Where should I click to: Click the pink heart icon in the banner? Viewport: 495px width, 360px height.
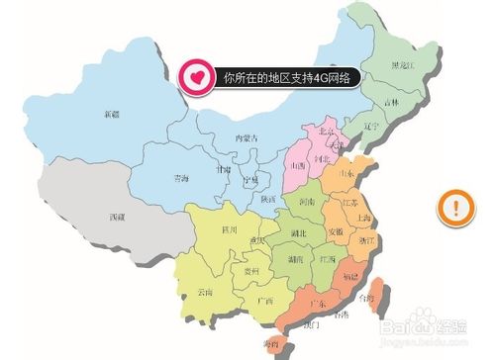coord(197,75)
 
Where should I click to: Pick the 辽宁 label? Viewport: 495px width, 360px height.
coord(371,127)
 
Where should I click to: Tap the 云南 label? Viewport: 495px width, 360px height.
coord(205,292)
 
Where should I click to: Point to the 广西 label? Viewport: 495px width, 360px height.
coord(265,300)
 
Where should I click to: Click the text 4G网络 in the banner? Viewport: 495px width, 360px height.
coord(334,75)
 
